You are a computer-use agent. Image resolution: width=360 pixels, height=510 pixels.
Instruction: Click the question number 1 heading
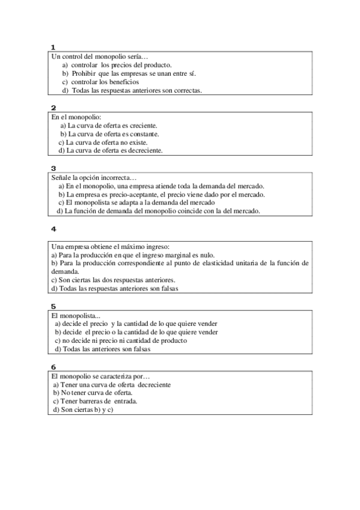(x=53, y=47)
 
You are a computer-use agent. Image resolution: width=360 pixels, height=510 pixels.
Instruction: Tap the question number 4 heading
(x=53, y=229)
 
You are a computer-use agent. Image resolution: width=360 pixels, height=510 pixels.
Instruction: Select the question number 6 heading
(x=53, y=367)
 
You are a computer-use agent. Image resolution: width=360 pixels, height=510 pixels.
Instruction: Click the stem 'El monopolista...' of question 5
(x=76, y=315)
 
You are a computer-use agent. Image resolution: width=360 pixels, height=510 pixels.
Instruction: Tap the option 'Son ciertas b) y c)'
(x=83, y=410)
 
